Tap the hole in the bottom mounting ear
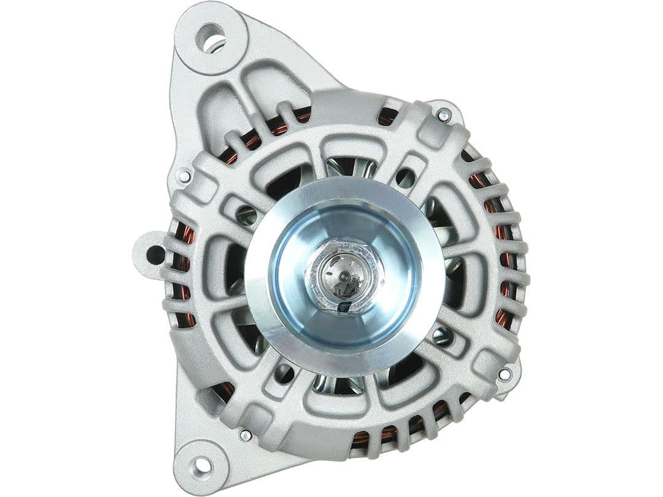pos(202,466)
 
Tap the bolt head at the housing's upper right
pos(444,115)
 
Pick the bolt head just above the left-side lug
pos(184,177)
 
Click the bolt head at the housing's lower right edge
pos(504,374)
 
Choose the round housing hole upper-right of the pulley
pos(405,177)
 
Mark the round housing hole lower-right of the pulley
pos(441,335)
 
